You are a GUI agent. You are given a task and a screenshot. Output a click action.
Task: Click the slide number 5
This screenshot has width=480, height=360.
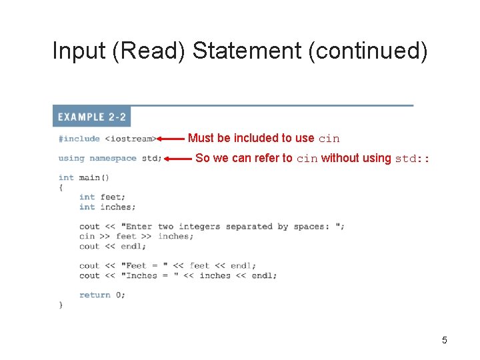click(444, 341)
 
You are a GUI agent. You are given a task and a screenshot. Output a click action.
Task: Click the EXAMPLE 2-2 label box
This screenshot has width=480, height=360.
click(92, 117)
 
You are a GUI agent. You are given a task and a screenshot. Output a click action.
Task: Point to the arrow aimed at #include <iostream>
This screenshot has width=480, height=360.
click(171, 139)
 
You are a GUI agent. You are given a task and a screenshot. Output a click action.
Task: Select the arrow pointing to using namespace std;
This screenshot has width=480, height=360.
click(178, 159)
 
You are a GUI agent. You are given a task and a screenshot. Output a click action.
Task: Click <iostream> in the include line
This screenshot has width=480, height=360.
click(131, 139)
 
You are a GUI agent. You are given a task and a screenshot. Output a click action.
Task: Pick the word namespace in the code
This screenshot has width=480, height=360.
click(113, 159)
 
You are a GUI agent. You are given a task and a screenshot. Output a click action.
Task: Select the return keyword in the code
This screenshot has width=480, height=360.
click(95, 295)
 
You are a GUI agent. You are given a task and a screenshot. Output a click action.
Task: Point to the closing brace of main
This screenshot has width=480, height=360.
click(61, 305)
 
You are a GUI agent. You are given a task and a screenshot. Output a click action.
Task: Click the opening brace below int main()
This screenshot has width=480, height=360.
click(61, 187)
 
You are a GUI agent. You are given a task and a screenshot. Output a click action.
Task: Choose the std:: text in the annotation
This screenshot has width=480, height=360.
click(413, 159)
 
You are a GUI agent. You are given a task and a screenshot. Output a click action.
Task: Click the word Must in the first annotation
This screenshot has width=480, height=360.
click(200, 138)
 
